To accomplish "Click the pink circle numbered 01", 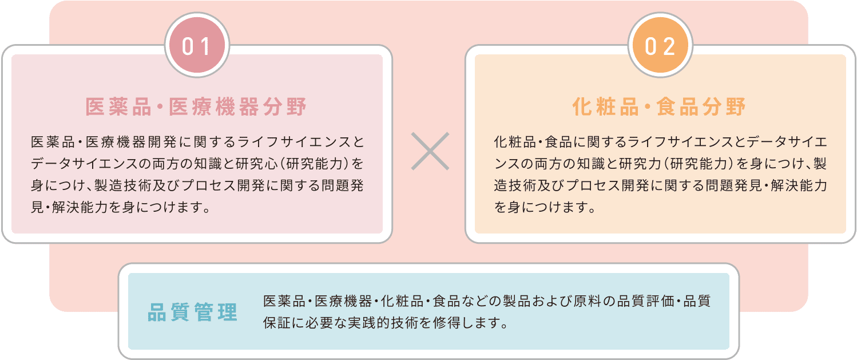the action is [197, 46].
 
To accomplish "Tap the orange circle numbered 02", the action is [660, 46].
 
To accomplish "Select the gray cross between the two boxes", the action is [430, 152].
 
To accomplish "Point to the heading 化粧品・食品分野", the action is [660, 107].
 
